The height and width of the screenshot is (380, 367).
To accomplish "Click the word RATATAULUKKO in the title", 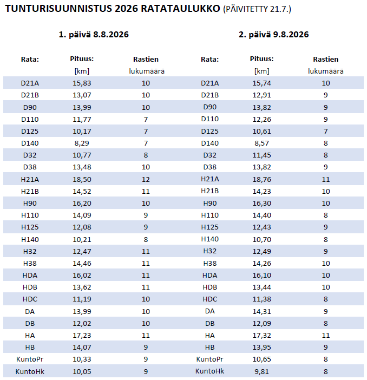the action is point(180,9).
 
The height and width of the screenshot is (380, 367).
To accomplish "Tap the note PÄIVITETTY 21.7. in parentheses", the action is point(257,9).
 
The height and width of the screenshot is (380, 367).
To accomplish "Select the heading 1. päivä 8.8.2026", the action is point(94,35).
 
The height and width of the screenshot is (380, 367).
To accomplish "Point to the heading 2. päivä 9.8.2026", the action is point(274,35).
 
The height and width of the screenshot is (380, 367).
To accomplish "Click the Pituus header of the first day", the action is point(82,59).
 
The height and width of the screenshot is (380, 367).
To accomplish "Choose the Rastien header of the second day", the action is point(325,59).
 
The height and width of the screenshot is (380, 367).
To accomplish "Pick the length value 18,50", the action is point(82,179).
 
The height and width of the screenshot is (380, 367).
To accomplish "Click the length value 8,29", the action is point(82,143).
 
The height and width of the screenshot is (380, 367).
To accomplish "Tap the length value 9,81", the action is point(262,371).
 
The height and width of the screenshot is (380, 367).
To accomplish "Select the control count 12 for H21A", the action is point(146,179).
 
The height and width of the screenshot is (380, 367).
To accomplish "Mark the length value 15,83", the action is point(82,83).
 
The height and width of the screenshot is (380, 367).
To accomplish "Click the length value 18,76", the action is point(262,179).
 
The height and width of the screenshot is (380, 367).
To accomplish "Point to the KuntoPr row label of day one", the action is point(30,359).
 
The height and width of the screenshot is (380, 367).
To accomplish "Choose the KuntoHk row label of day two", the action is point(209,371).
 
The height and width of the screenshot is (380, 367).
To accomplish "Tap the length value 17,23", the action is point(82,336).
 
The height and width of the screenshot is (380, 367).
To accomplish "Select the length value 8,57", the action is point(262,143).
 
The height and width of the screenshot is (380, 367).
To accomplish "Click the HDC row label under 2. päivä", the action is point(209,299).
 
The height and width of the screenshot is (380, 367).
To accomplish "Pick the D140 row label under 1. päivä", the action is point(30,143).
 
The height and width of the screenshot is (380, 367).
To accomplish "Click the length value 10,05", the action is point(82,371).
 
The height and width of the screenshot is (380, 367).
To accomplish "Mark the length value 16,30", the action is point(262,203).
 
